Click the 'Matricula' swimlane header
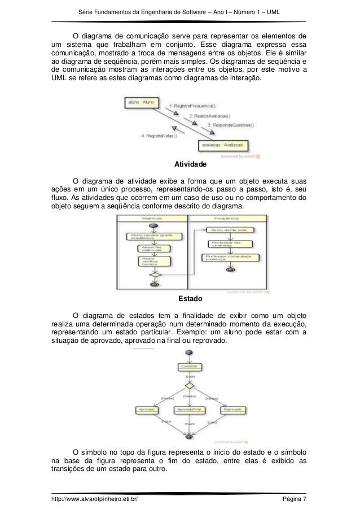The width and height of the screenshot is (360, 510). (149, 218)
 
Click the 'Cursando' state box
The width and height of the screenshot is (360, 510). (189, 367)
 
